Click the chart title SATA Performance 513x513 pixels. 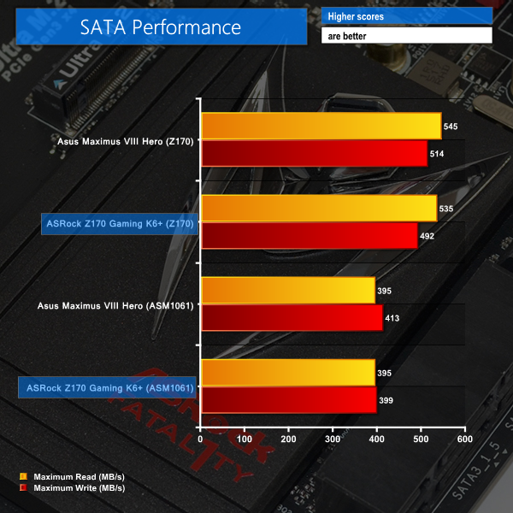(161, 27)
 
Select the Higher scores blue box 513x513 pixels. (407, 16)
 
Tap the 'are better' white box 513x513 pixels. (407, 36)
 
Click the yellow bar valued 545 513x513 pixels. (321, 127)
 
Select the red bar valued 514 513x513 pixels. (314, 154)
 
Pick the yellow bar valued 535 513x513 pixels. (319, 209)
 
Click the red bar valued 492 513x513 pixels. (309, 235)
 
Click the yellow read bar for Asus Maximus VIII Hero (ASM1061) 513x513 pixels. (287, 291)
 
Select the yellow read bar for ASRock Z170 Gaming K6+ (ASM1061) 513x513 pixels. (287, 373)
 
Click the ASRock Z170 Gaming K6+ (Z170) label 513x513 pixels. (121, 224)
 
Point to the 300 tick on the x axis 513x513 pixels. (333, 440)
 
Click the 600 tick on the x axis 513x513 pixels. (463, 440)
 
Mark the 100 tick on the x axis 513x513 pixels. (245, 440)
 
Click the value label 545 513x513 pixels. (451, 127)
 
